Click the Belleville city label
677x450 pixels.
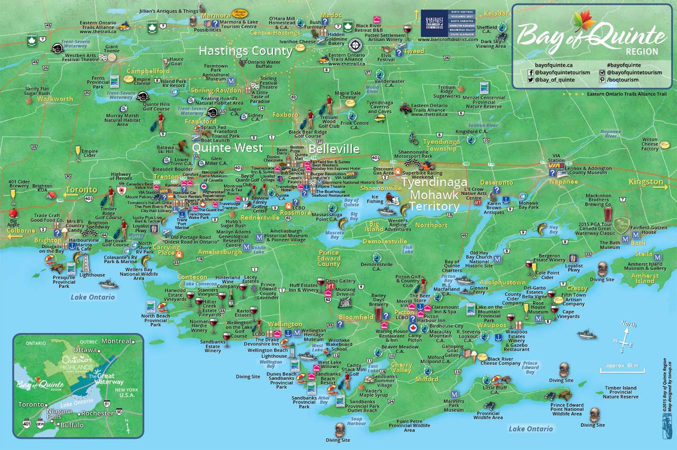click(334, 149)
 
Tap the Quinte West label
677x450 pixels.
click(227, 148)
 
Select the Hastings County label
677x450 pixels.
click(245, 51)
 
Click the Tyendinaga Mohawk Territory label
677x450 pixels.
click(434, 195)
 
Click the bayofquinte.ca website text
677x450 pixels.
click(554, 65)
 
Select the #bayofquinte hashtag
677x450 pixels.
click(624, 65)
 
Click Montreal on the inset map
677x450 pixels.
click(117, 341)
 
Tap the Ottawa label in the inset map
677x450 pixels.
click(85, 350)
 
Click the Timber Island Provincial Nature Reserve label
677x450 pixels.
click(620, 392)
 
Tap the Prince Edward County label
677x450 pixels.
click(329, 258)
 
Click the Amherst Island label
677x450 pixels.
click(645, 279)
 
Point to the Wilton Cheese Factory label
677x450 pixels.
click(650, 144)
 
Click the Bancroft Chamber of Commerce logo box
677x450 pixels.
click(447, 23)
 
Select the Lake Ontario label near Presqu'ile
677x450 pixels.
click(93, 297)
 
